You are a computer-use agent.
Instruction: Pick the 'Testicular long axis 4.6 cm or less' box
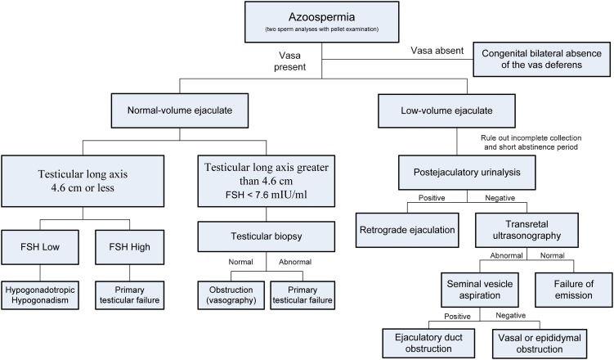(92, 178)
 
